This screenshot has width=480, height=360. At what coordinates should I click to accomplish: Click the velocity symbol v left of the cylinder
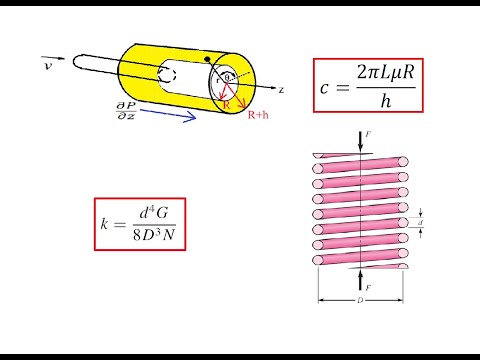click(x=47, y=65)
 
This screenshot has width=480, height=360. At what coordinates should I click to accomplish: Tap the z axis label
click(x=282, y=90)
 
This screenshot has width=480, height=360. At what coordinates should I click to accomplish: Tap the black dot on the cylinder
click(x=208, y=60)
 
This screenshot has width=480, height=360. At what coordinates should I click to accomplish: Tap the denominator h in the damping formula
click(x=385, y=100)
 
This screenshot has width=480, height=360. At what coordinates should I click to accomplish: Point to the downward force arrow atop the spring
click(x=359, y=139)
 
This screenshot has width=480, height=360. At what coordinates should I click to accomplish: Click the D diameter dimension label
click(x=361, y=299)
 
